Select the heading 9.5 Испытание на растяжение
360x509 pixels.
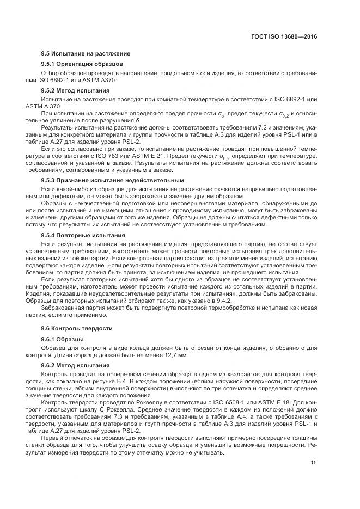coord(86,53)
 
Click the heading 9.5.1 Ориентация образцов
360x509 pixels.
coord(82,64)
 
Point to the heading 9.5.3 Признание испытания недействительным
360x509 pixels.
coord(113,180)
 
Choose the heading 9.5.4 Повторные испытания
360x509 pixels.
coord(83,235)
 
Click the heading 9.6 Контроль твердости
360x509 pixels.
coord(77,328)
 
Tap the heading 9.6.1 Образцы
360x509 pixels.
coord(63,339)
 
